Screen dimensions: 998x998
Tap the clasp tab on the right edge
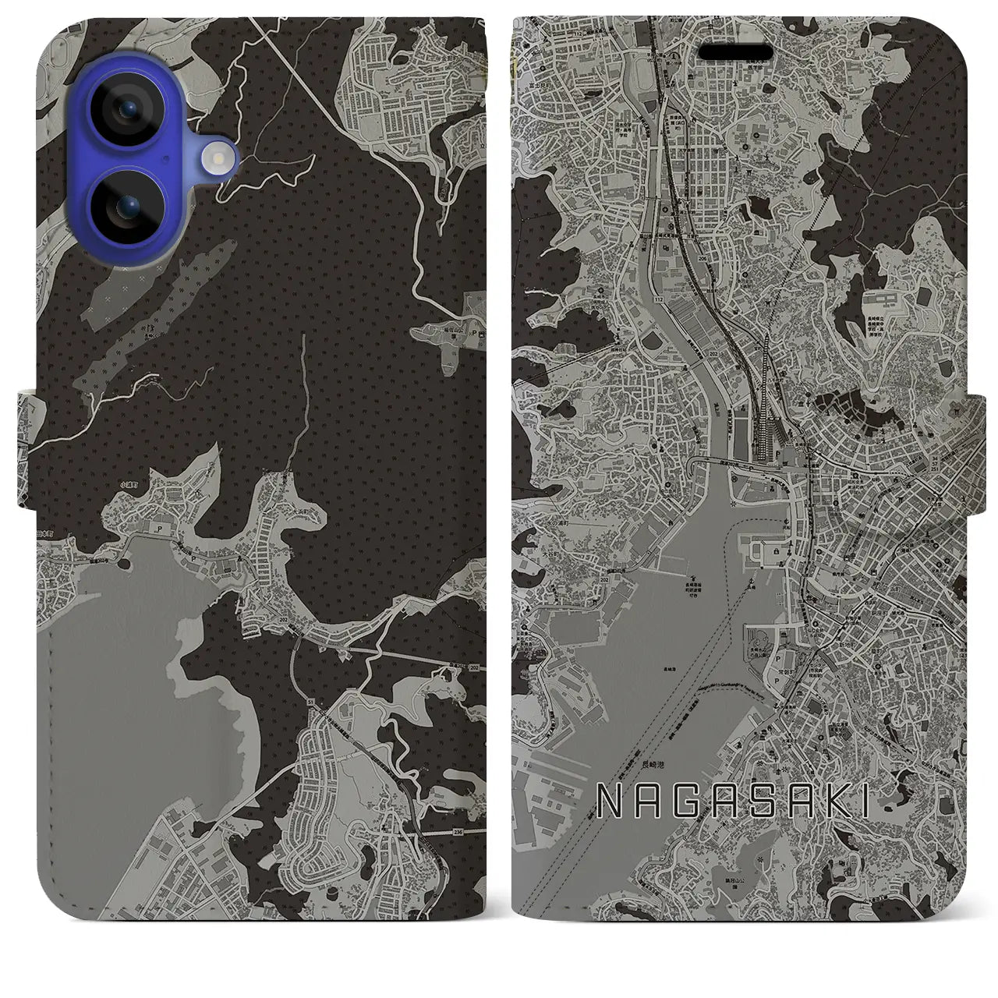[x=981, y=452]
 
